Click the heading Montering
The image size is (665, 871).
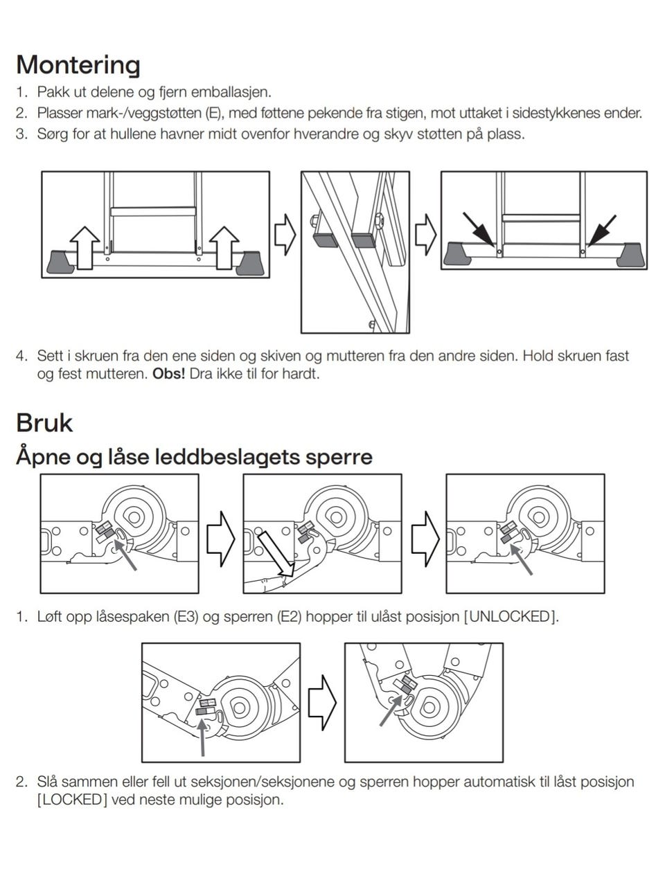pos(78,64)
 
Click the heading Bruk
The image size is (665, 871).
pos(44,422)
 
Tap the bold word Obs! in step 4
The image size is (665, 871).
pos(169,374)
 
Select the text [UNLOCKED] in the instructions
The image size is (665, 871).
pos(511,616)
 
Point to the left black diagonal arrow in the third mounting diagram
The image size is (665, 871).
pos(479,231)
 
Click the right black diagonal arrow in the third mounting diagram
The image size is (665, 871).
pos(602,231)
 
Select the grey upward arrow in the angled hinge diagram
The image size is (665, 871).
pos(203,738)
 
